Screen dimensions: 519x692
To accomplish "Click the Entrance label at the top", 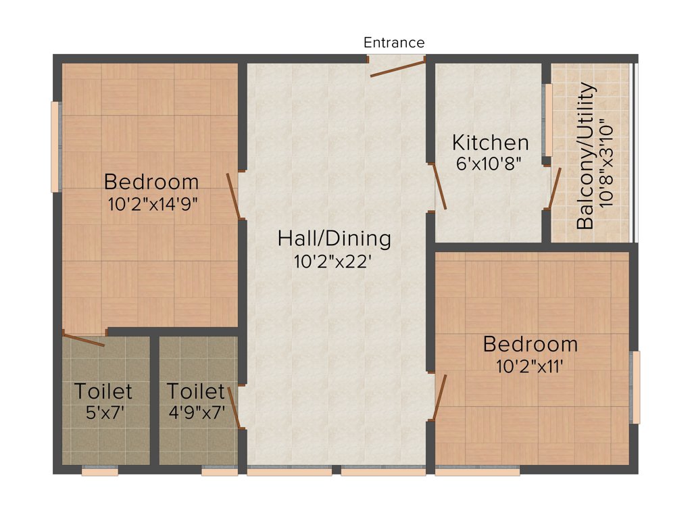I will [394, 43].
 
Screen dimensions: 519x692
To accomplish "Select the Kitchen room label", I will [490, 143].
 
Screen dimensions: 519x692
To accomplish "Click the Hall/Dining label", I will [334, 239].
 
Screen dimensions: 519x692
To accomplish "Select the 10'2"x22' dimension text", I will [334, 262].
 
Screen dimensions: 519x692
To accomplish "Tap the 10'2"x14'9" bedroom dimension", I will [152, 203].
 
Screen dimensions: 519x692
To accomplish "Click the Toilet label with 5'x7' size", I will [103, 391].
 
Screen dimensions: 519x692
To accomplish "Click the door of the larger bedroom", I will [234, 196].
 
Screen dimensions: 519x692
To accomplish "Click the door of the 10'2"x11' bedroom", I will [439, 397].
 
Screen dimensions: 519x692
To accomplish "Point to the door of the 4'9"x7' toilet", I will [235, 407].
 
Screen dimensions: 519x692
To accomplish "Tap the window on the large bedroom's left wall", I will [56, 147].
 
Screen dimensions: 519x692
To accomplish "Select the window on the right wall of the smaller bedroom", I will [635, 387].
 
